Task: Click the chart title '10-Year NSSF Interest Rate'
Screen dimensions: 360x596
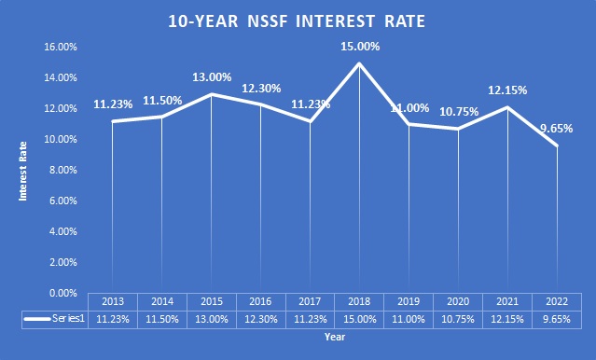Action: pos(298,20)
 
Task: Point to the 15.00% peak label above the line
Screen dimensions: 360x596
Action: pos(360,47)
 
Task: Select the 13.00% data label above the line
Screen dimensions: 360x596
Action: pos(212,77)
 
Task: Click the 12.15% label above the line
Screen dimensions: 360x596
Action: pos(508,90)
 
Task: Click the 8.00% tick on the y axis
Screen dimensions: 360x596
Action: pos(62,170)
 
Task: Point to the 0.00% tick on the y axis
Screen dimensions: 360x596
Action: pos(62,293)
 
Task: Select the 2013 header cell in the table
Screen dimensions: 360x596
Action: pos(113,302)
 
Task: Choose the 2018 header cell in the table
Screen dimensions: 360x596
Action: pos(360,302)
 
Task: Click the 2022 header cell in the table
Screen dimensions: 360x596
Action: pos(557,302)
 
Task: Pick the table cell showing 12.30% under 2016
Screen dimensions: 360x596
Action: pos(261,318)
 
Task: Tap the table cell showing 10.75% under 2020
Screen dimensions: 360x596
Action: pos(458,318)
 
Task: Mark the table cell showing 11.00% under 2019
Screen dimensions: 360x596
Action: pos(409,318)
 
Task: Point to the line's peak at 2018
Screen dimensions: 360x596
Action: pos(360,62)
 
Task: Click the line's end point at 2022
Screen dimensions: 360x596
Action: pos(557,145)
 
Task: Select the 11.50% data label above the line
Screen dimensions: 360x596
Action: pos(162,101)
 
